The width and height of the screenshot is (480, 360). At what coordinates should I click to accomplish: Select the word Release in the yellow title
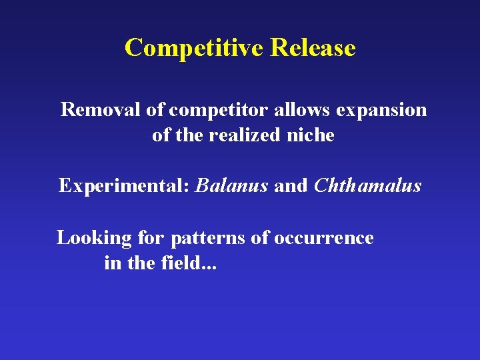[313, 48]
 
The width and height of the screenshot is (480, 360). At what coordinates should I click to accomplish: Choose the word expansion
[381, 110]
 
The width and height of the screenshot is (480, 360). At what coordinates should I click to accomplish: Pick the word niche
[311, 135]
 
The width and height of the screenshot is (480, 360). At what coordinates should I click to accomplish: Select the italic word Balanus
[232, 185]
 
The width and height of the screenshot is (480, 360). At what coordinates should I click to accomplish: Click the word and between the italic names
[291, 185]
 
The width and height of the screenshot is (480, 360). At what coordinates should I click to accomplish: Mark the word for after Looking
[151, 238]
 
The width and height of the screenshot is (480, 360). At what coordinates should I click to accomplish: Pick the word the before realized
[190, 135]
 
